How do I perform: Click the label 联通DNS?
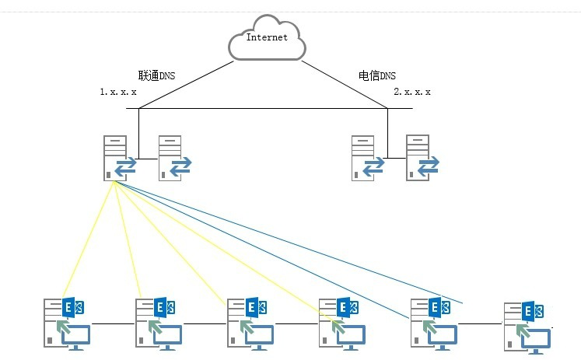[x=157, y=75]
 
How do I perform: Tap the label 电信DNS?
[x=376, y=75]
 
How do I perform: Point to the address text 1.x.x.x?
[x=118, y=92]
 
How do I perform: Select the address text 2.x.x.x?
[x=412, y=92]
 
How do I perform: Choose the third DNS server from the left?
[x=366, y=159]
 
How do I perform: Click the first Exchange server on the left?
[x=67, y=323]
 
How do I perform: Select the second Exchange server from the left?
[x=159, y=323]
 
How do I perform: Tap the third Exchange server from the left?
[x=250, y=323]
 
